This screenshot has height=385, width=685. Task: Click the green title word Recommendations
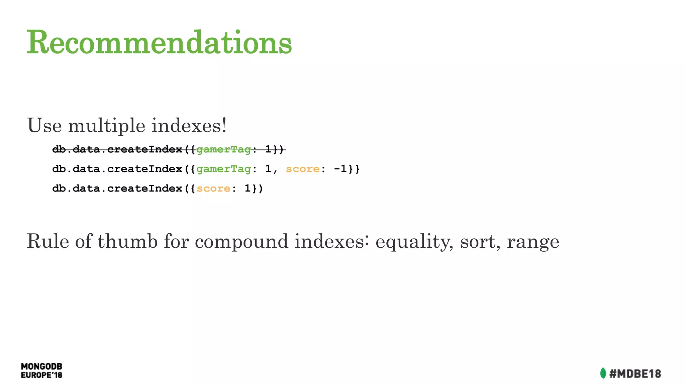(x=159, y=42)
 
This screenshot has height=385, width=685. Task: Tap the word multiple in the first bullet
(x=106, y=126)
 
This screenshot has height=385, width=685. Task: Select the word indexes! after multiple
(x=189, y=126)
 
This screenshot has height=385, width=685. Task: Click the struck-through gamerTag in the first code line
(x=223, y=150)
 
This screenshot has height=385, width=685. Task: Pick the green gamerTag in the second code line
(x=223, y=169)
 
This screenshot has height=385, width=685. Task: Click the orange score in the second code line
(x=303, y=169)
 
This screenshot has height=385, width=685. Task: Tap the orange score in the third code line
(x=213, y=189)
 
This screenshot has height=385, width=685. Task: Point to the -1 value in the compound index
(x=340, y=169)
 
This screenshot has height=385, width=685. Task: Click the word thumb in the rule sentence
(x=127, y=241)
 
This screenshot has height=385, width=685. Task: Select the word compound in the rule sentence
(x=241, y=241)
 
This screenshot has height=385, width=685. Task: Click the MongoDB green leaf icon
(x=603, y=373)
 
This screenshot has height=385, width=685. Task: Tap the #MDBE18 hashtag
(x=635, y=374)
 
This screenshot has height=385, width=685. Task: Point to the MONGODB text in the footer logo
(x=41, y=367)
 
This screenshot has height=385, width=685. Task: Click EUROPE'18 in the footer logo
(x=41, y=375)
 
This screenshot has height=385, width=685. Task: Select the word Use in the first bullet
(x=44, y=126)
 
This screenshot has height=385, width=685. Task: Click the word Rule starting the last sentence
(x=47, y=241)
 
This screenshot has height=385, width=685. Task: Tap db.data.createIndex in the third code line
(x=117, y=189)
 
